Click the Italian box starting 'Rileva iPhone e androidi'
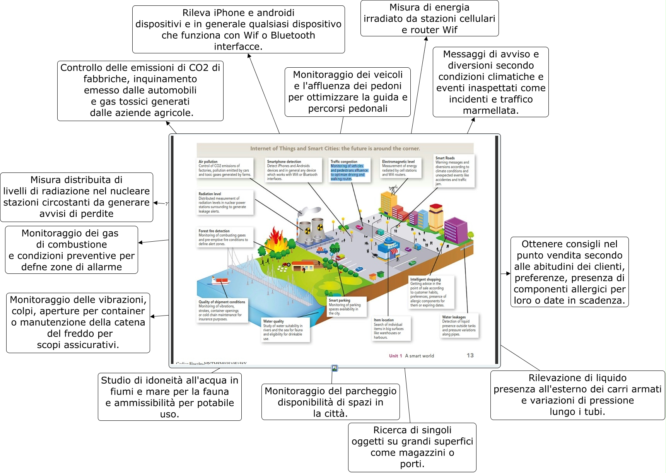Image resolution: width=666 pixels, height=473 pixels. coord(238,29)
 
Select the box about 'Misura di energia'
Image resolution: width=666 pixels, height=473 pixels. coord(429,19)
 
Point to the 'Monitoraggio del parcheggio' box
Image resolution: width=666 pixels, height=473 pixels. coord(330,402)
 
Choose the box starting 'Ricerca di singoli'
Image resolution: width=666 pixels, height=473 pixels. coord(412,447)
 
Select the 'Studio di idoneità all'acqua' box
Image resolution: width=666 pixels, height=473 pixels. coord(169,397)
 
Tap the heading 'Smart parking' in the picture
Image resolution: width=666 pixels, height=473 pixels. coord(339,300)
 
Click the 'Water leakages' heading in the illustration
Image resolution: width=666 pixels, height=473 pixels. coord(454,317)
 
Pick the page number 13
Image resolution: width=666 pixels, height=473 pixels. coord(470,355)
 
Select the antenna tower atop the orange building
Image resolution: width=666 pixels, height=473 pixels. coord(393,189)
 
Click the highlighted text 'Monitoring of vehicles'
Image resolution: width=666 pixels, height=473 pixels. coord(347,166)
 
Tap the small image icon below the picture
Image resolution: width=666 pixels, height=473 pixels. coord(335,368)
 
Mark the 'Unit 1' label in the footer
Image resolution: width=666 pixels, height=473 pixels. coord(395,356)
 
